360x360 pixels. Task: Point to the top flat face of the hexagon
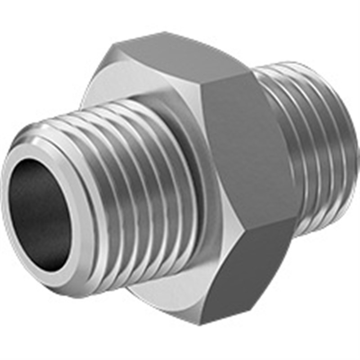(180, 58)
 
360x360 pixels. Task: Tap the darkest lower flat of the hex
(243, 274)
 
